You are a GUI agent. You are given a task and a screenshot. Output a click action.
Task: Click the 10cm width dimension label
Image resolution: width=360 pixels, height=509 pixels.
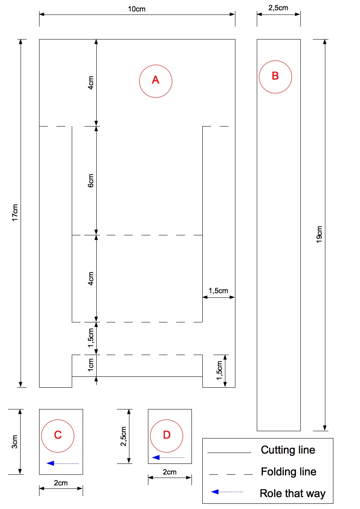tap(137, 9)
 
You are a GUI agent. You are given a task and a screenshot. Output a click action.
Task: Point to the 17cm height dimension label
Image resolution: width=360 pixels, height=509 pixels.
tap(15, 212)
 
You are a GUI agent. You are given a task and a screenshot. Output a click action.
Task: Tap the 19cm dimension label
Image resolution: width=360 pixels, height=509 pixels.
tap(319, 234)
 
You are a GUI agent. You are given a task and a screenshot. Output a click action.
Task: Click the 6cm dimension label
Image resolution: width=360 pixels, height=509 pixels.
tap(91, 181)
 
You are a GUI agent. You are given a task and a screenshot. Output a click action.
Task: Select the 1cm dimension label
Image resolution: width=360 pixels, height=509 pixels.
tap(91, 365)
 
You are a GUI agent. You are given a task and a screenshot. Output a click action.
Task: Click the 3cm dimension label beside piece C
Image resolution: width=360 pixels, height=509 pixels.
tap(15, 442)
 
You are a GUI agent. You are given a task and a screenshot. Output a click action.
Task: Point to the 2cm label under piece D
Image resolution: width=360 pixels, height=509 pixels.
tap(170, 472)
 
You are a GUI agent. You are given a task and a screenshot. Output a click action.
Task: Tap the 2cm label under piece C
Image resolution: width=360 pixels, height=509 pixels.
tap(61, 483)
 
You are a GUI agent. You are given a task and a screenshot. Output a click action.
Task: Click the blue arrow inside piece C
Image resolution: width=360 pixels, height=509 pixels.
tap(63, 463)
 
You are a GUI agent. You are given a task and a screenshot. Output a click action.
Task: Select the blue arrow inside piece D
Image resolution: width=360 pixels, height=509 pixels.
tap(168, 457)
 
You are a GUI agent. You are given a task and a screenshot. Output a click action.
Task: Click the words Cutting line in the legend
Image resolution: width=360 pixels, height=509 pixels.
tap(288, 450)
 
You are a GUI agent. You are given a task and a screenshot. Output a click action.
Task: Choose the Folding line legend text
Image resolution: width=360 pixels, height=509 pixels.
tap(288, 472)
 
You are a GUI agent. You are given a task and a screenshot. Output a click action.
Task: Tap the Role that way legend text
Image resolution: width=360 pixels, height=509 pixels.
tap(293, 493)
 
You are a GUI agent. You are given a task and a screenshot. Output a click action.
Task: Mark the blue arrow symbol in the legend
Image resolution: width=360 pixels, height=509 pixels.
tap(227, 492)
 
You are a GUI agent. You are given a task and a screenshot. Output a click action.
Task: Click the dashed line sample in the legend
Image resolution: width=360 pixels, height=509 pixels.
tap(231, 474)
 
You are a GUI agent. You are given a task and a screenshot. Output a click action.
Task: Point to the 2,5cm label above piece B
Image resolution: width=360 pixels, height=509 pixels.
tap(278, 8)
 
